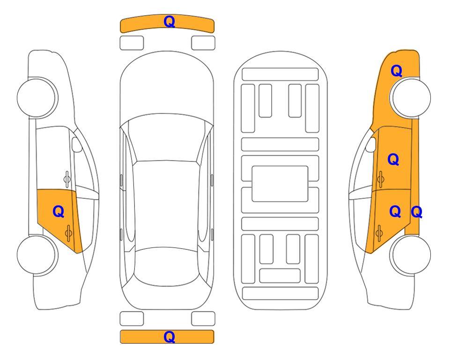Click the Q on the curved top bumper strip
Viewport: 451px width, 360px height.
(169, 22)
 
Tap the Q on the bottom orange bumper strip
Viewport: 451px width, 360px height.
(169, 337)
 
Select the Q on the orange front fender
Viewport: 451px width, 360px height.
(396, 71)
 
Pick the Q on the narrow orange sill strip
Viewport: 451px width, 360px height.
(416, 212)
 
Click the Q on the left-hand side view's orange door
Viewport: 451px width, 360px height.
(59, 212)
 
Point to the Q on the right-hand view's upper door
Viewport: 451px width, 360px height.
(393, 159)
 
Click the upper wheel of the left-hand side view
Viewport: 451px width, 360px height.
(37, 97)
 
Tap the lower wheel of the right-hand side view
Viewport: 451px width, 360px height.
(411, 255)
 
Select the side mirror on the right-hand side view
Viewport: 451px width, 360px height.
(371, 144)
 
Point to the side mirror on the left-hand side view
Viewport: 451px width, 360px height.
(77, 144)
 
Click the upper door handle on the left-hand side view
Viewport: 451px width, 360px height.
(67, 179)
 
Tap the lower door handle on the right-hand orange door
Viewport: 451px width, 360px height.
(379, 233)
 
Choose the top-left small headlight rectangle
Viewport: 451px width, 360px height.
(132, 43)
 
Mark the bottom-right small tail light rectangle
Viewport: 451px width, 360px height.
(203, 319)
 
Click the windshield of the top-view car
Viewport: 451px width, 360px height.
(167, 138)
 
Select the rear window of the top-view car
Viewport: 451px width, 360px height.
(166, 266)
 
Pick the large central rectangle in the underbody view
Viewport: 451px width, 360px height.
(280, 184)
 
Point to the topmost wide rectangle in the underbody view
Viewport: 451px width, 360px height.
(280, 75)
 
